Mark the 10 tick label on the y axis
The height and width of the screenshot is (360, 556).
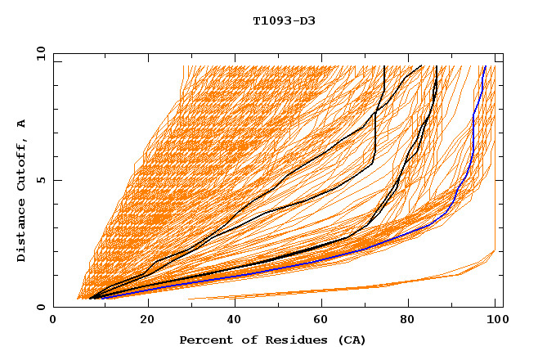pyautogui.click(x=39, y=54)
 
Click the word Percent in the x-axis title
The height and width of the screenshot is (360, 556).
pyautogui.click(x=203, y=340)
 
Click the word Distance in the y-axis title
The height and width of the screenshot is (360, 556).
pyautogui.click(x=21, y=233)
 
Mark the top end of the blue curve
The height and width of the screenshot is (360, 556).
pyautogui.click(x=485, y=67)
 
